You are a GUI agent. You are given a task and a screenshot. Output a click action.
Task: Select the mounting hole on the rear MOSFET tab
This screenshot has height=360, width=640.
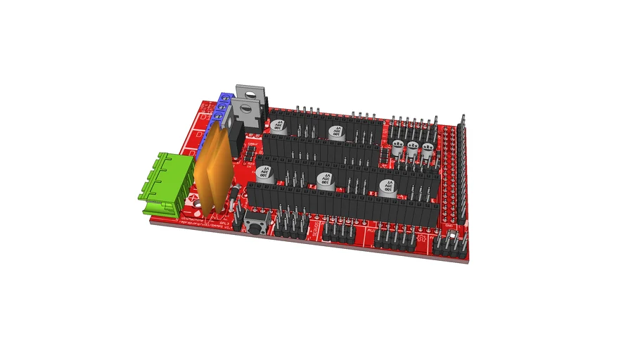tap(252, 90)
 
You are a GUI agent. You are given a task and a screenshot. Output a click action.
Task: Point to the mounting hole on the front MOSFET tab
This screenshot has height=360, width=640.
tap(245, 108)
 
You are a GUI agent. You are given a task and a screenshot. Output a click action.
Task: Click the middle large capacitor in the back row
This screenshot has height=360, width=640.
tap(336, 131)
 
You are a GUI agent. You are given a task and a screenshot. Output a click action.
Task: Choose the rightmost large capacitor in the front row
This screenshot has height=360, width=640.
tap(387, 186)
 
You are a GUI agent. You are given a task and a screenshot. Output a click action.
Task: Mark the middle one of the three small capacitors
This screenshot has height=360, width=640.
tap(412, 148)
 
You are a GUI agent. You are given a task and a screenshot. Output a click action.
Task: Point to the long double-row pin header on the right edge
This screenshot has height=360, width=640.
tap(462, 169)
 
